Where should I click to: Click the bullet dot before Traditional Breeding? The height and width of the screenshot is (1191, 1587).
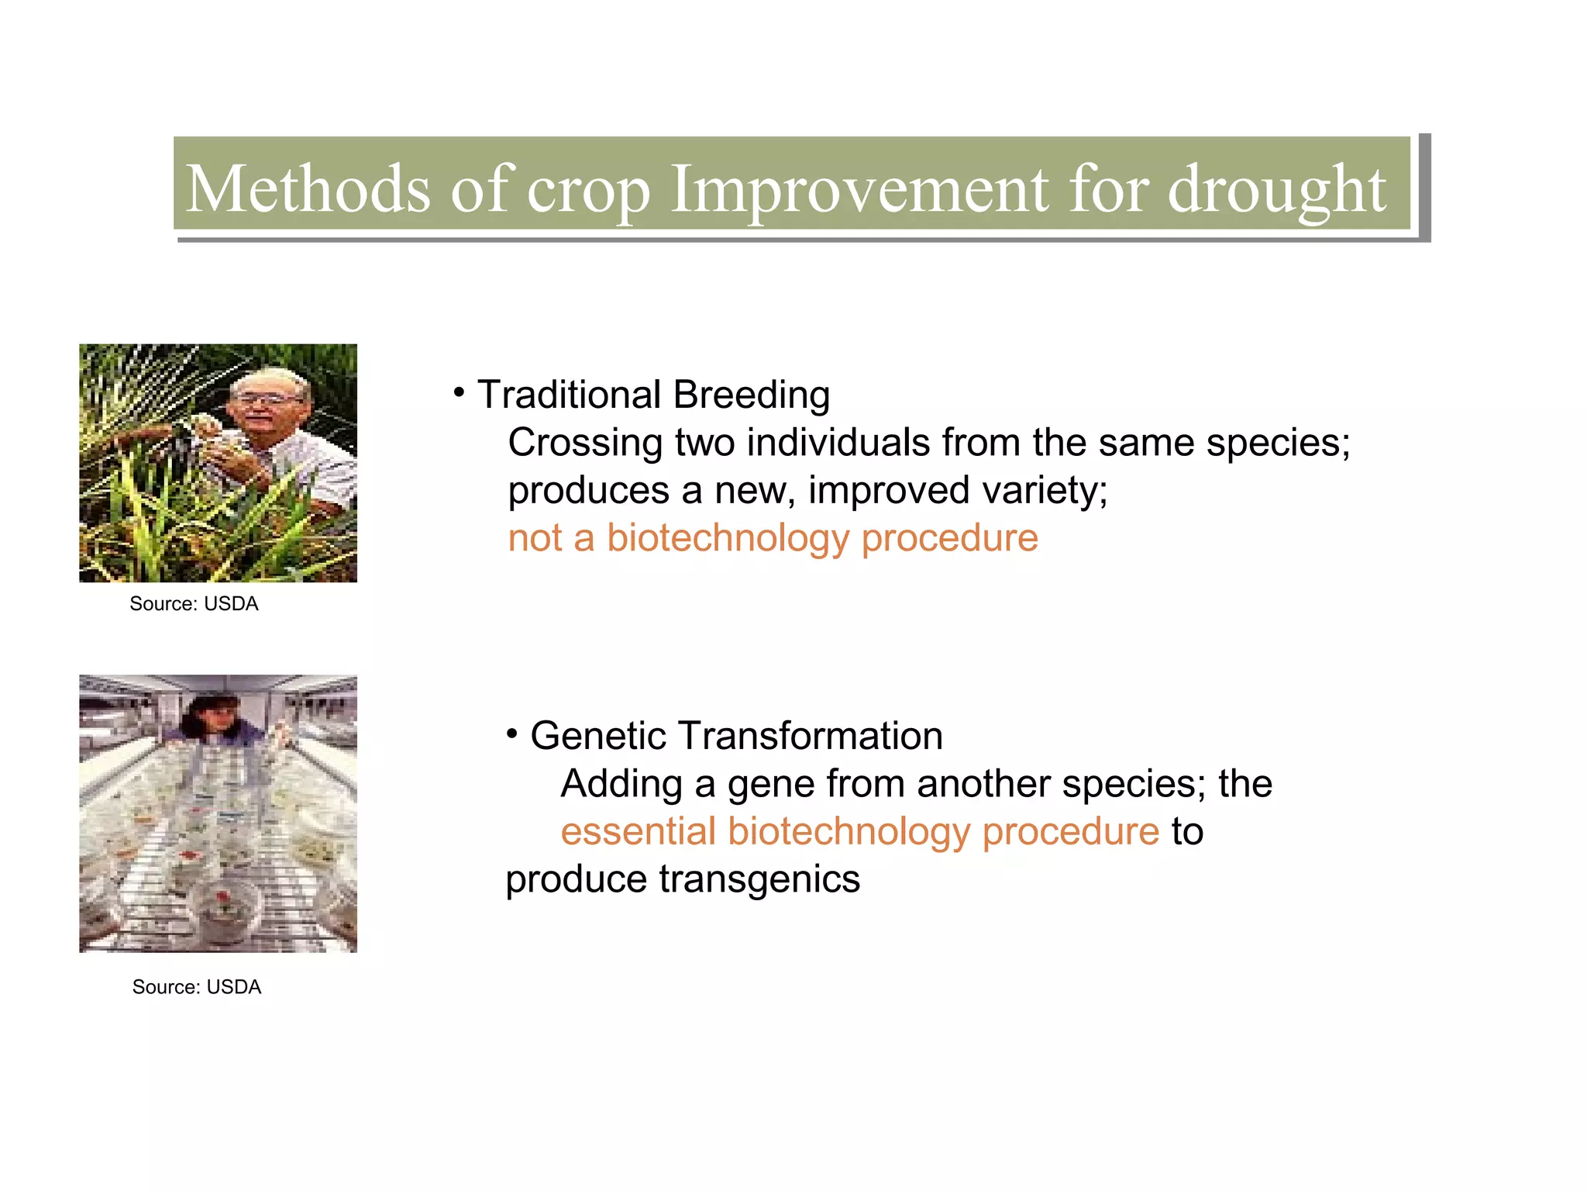click(x=460, y=393)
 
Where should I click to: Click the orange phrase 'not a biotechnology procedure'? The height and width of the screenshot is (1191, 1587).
click(x=773, y=538)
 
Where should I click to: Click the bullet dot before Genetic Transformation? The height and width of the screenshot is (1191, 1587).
click(x=512, y=734)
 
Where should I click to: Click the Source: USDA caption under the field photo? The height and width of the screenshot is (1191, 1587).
click(x=194, y=604)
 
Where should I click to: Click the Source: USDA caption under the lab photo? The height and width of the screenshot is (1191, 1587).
click(x=196, y=987)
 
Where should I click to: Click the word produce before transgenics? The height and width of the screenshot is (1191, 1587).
click(x=576, y=879)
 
